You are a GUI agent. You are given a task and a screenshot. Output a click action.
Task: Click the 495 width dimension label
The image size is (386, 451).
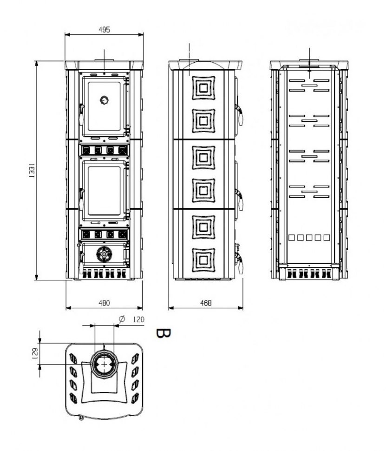tap(104, 29)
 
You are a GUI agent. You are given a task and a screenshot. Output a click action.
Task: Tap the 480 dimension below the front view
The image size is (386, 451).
tap(104, 303)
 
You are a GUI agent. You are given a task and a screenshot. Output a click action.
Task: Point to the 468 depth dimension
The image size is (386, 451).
tap(206, 303)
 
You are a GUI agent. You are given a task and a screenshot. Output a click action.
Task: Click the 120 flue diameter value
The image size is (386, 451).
tap(138, 319)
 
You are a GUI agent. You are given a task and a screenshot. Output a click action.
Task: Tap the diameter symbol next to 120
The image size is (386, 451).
tap(122, 319)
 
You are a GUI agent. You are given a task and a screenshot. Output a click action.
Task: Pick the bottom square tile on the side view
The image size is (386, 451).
tap(203, 259)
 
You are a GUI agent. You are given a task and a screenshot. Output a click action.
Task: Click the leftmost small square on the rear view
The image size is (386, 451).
tap(291, 238)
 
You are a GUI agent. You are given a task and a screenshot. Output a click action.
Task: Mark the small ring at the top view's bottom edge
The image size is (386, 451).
tap(81, 418)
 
